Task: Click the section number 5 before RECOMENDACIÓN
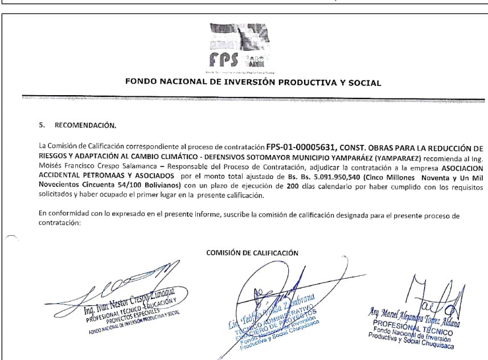tap(40, 124)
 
